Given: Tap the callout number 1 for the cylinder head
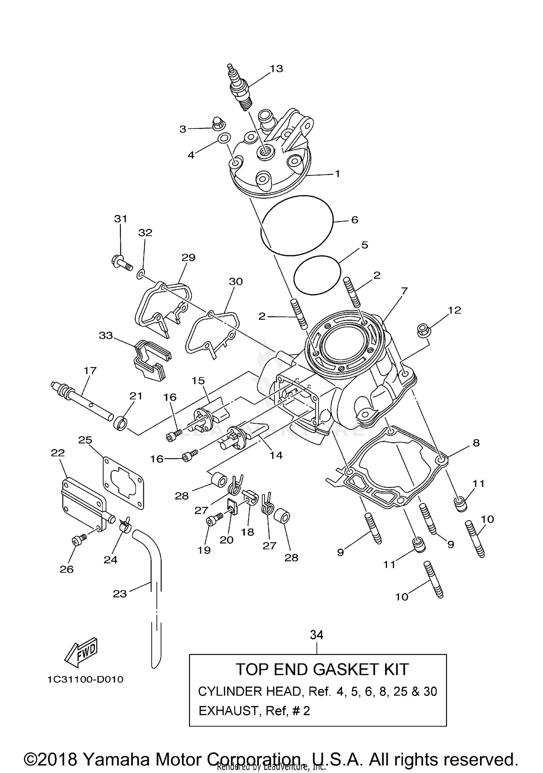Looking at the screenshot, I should pyautogui.click(x=337, y=174).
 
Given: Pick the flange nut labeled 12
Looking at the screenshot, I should pyautogui.click(x=422, y=329).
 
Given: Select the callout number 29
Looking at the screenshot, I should pyautogui.click(x=188, y=257).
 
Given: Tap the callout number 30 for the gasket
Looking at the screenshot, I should pyautogui.click(x=236, y=281).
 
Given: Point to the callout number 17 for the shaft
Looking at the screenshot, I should pyautogui.click(x=90, y=370).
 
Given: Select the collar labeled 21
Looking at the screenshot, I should pyautogui.click(x=121, y=423).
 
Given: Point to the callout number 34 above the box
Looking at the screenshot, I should pyautogui.click(x=316, y=635).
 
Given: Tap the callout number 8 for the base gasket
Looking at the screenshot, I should pyautogui.click(x=476, y=442).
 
